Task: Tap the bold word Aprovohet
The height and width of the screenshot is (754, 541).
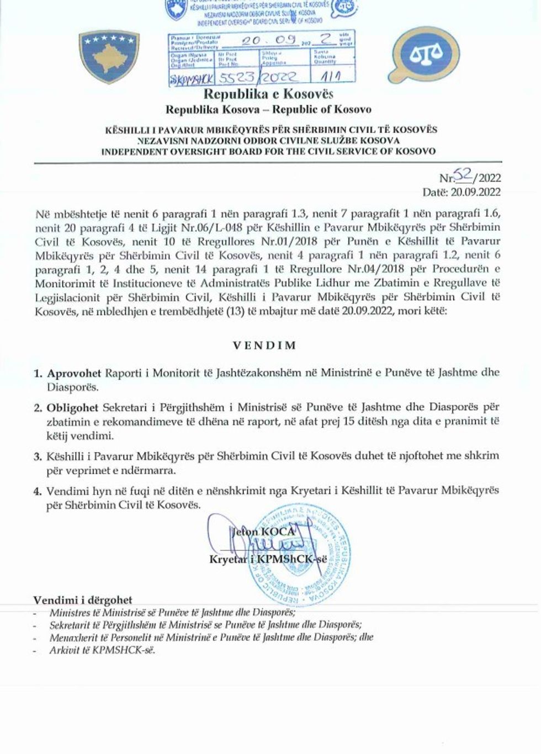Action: pos(74,373)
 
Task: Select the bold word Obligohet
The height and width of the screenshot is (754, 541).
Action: pos(73,408)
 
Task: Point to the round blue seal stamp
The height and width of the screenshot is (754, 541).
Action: pos(299,558)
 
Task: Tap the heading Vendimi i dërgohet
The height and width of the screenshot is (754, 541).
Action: pos(83,600)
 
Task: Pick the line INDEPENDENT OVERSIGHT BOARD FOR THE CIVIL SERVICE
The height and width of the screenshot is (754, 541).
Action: pos(268,151)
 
